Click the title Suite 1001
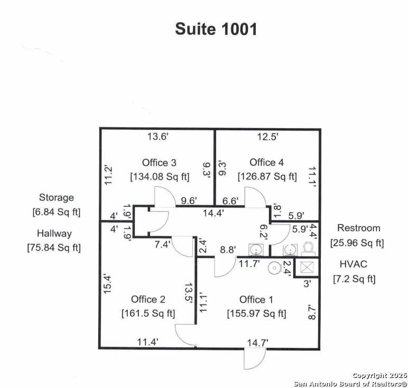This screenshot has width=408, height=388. [216, 29]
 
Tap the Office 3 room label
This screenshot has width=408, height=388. [159, 163]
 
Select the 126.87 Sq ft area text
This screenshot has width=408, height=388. [267, 176]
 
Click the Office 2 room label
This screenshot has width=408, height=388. [148, 299]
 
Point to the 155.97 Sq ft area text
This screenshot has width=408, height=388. [256, 314]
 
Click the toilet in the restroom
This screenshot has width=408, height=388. [308, 248]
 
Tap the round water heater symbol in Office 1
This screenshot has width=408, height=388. [274, 268]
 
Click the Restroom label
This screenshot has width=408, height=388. [359, 228]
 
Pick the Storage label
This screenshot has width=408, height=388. [56, 197]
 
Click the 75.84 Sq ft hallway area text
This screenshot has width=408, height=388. [54, 248]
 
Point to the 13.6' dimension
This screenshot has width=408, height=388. [157, 137]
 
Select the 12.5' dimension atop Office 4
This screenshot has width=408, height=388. [267, 137]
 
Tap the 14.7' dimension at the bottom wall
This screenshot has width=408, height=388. [257, 343]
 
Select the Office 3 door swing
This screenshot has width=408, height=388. [164, 196]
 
